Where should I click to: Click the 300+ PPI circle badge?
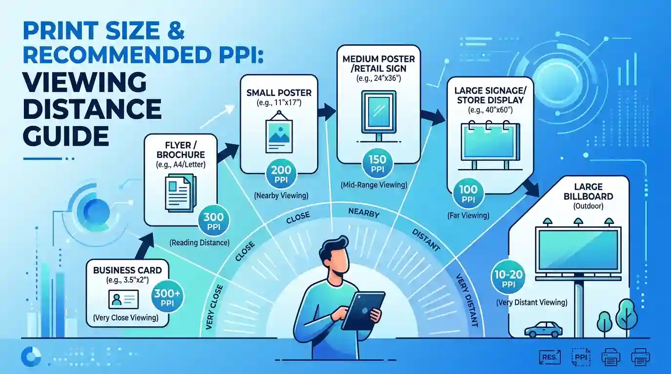[x=167, y=296]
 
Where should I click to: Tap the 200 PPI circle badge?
[x=281, y=173]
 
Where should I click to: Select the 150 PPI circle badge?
[x=377, y=164]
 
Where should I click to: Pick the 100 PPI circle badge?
[x=468, y=193]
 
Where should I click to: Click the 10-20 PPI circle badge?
[x=508, y=278]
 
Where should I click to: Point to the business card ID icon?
[x=123, y=299]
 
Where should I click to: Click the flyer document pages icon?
[x=180, y=193]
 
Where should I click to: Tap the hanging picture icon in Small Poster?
[x=279, y=132]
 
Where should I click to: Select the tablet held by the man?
[x=363, y=311]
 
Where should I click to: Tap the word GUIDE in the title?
[x=66, y=136]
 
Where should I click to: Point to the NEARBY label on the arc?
[x=364, y=213]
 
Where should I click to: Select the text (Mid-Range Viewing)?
[x=374, y=185]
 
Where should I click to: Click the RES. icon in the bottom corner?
[x=550, y=357]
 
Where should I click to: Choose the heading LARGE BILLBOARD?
[x=588, y=191]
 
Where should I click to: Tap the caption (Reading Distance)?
[x=199, y=243]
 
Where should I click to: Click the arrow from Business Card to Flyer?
[x=144, y=246]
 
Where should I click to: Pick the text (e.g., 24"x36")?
[x=378, y=78]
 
